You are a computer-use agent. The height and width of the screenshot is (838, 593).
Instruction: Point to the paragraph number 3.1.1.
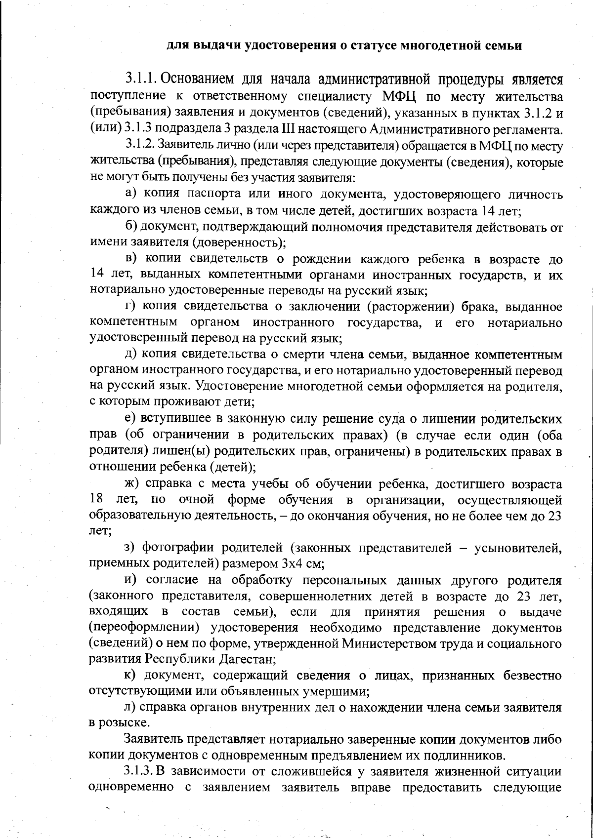141,79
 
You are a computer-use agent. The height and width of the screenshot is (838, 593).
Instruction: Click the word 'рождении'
322,259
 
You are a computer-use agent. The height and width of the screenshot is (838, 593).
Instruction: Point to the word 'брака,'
474,307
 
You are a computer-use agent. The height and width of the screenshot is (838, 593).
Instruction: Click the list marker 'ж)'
132,483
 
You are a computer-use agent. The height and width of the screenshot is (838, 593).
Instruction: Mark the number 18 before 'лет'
96,499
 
